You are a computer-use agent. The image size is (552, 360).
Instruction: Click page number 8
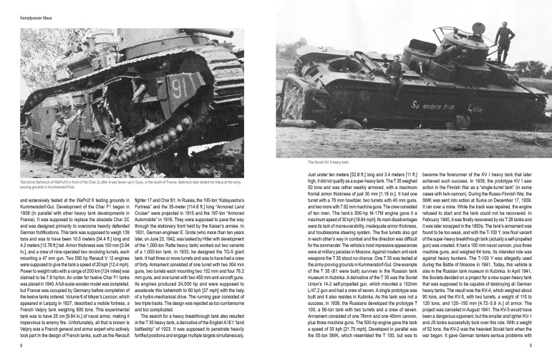[x=21, y=345]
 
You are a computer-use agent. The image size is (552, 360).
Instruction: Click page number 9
[x=531, y=345]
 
